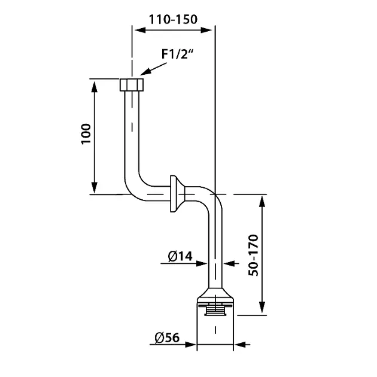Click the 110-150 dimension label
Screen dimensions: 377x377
point(173,19)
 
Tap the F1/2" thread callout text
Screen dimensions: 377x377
point(177,54)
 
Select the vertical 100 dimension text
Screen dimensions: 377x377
point(86,134)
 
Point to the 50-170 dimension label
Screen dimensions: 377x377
point(253,255)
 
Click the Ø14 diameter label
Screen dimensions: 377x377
point(180,256)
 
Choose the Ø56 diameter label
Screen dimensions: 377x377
point(167,338)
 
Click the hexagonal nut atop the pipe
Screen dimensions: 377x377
point(132,84)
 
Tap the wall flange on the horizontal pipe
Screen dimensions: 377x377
point(178,194)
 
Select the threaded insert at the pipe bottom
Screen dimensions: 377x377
point(215,309)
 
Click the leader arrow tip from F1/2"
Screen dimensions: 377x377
point(140,75)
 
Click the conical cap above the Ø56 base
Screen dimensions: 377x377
point(215,294)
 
